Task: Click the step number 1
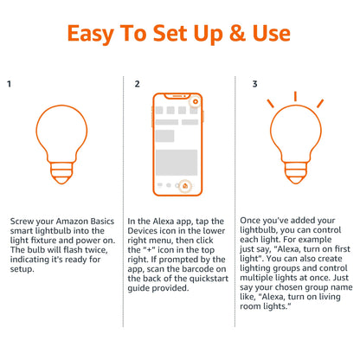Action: click(9, 85)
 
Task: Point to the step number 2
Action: click(136, 85)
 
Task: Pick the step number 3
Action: click(254, 85)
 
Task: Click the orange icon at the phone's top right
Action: click(196, 103)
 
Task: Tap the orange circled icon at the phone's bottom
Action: click(186, 185)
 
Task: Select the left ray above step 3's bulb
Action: click(271, 104)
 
